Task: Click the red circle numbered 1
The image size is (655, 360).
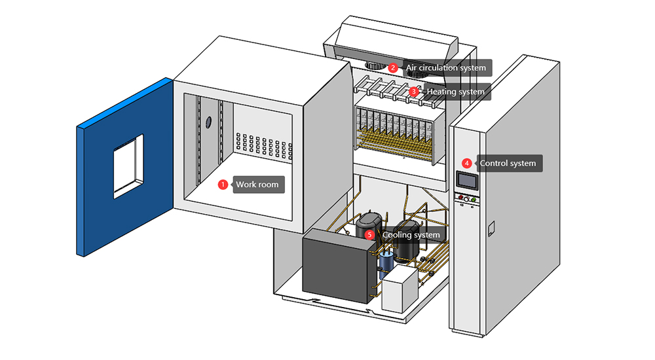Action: [x=223, y=185]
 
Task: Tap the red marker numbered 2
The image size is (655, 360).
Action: [x=393, y=67]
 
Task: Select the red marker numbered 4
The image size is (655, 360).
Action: [x=466, y=163]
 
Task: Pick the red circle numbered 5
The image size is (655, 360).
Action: [x=369, y=234]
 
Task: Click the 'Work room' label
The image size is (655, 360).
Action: [x=257, y=185]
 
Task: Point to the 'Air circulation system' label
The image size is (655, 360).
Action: [x=446, y=67]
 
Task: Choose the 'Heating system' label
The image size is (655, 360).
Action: [x=455, y=92]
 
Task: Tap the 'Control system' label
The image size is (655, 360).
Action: [x=508, y=163]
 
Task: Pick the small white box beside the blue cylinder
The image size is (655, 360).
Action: [x=400, y=289]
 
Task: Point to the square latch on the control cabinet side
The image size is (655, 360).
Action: [x=492, y=227]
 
